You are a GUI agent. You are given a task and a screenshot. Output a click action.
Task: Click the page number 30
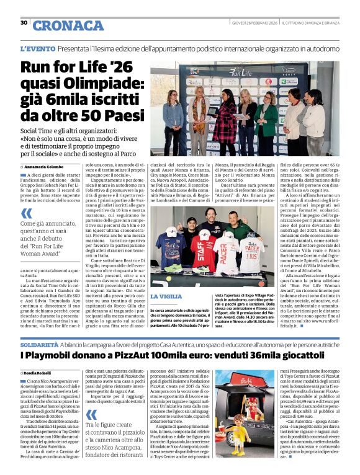24,23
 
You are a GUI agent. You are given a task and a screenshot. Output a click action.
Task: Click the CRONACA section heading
68,25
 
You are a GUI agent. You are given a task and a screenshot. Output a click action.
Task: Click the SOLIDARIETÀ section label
40,344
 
